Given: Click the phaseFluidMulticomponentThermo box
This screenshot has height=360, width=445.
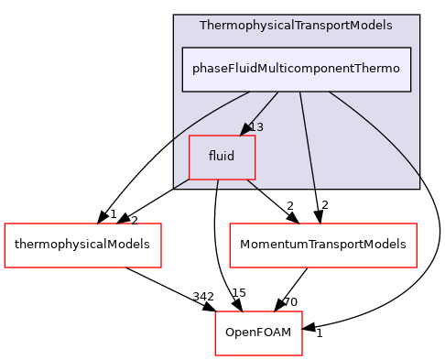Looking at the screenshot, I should coord(296,69).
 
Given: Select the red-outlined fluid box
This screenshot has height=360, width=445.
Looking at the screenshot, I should coord(222,157).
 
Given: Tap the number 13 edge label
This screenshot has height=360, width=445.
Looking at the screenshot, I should coord(256,127).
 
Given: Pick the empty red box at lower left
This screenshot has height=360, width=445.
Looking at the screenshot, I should coord(82,245).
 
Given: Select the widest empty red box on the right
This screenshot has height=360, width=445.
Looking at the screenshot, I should coord(322,245).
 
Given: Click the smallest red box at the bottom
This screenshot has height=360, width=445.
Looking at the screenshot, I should coord(258,333).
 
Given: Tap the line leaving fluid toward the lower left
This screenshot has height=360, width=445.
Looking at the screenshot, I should coord(181,184).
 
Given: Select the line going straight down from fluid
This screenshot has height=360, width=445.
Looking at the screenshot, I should coord(217,184).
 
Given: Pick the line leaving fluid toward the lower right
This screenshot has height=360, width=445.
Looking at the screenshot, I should coord(252,185).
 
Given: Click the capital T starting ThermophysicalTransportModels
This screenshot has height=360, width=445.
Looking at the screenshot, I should coord(203,26).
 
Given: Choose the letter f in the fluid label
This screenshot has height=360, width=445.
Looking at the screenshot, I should coord(211,156).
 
